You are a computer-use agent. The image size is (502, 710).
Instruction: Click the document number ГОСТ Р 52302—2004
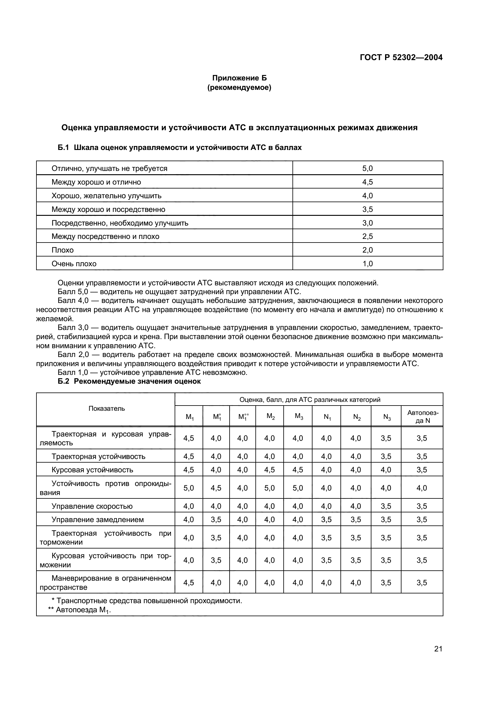(401, 57)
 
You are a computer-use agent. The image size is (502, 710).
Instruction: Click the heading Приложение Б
(239, 78)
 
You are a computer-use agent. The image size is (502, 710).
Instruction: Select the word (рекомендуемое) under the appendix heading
(239, 88)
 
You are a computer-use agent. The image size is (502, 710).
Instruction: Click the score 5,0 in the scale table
(367, 168)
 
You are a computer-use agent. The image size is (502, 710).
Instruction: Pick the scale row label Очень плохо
(74, 264)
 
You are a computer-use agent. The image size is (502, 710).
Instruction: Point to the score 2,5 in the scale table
(367, 236)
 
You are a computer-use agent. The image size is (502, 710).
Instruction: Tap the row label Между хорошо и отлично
(96, 182)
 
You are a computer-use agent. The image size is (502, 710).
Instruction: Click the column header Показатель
(107, 409)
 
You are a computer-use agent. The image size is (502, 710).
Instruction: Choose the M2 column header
(270, 416)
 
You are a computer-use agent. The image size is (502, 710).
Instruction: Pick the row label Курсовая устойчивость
(92, 470)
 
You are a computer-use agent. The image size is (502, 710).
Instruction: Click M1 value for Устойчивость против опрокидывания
(189, 488)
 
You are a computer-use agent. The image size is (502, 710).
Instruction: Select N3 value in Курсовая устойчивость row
(386, 470)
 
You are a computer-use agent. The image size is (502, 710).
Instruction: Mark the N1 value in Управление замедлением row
(326, 520)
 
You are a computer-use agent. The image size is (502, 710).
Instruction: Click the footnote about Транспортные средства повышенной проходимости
(147, 601)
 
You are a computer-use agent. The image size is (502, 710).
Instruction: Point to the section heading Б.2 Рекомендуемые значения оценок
(129, 382)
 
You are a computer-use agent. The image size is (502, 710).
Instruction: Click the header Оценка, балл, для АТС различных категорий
(310, 400)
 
